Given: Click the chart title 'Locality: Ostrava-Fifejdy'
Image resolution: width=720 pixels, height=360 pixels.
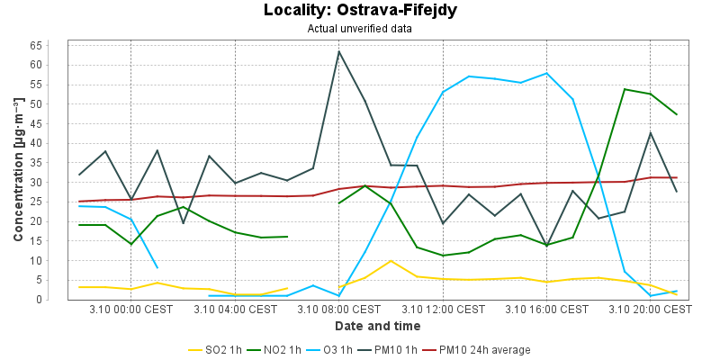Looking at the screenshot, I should click(359, 11).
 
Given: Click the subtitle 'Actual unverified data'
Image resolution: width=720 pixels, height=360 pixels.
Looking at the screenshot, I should click(359, 28).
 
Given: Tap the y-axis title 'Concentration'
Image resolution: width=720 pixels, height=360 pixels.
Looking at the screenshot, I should click(18, 171).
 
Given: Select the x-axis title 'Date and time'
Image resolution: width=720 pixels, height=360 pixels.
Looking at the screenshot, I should click(377, 326).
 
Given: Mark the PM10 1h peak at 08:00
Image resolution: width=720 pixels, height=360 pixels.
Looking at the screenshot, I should click(339, 50).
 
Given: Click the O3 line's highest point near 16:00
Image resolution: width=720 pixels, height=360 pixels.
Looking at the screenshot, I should click(546, 73).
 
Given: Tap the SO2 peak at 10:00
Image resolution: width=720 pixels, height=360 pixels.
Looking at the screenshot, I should click(391, 261).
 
